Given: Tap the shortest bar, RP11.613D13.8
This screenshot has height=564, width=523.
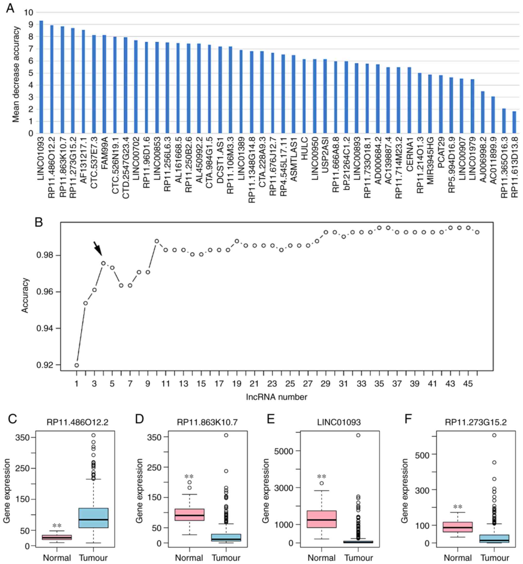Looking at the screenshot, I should tap(514, 122).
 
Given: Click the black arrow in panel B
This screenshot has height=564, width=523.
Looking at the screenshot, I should tap(97, 248).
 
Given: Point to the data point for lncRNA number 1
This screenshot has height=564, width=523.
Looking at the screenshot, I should tap(77, 365).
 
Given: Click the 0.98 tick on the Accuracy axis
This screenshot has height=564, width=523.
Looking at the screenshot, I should tap(45, 255).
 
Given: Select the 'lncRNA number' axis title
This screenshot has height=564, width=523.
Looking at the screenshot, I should tap(276, 397).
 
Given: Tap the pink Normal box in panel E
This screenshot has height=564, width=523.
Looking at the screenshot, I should tap(322, 519).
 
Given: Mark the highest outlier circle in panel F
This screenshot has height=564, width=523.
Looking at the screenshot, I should tap(494, 435).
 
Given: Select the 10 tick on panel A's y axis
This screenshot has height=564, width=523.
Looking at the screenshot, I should tap(29, 12).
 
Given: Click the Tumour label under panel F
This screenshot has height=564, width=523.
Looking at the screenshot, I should tap(495, 558).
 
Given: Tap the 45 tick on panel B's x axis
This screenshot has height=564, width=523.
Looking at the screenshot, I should tap(468, 384).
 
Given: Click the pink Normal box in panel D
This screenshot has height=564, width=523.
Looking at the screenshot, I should tap(189, 515).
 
